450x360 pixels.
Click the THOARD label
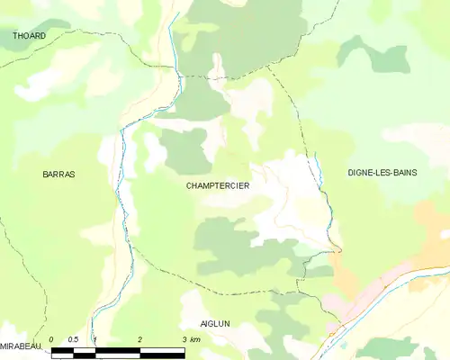tap(29, 36)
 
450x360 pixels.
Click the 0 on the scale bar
tap(51, 339)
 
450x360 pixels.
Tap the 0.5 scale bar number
tap(74, 339)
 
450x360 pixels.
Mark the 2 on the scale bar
tap(140, 339)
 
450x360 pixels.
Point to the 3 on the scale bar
tap(184, 339)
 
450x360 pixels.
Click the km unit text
tap(195, 339)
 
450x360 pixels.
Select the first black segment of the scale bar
tap(62, 349)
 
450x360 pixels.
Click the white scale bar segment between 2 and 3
tap(162, 349)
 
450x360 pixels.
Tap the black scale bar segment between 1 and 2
tap(118, 349)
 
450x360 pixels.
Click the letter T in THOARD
tap(15, 36)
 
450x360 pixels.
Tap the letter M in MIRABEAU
tap(4, 346)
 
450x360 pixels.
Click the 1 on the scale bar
tap(96, 339)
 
